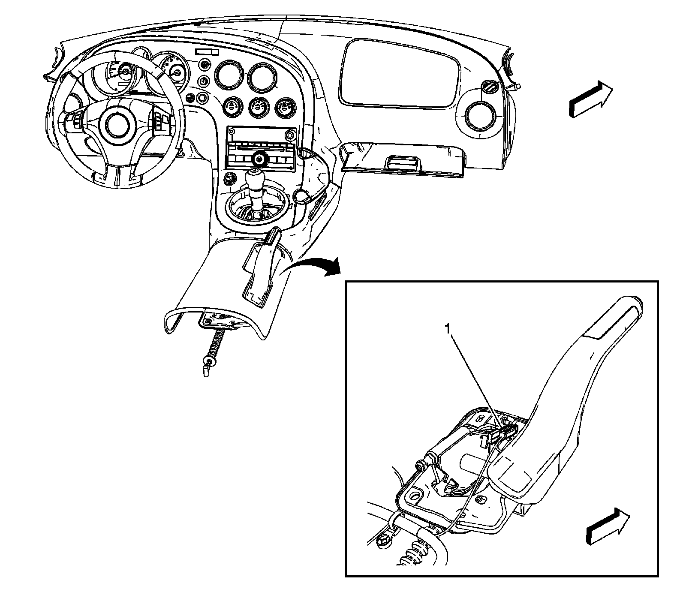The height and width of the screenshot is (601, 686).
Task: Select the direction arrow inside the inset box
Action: click(x=608, y=526)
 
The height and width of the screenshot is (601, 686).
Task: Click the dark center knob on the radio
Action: click(x=259, y=159)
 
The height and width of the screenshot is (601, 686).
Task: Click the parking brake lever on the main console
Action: click(x=260, y=266)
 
